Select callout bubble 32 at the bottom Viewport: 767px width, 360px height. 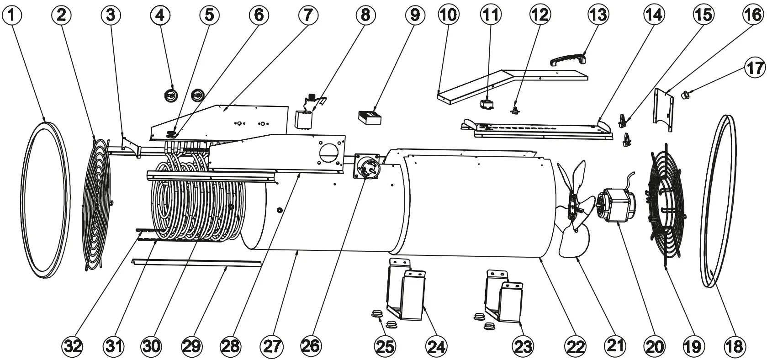(73, 346)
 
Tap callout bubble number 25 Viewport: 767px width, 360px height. (385, 346)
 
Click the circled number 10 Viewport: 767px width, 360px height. (449, 15)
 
